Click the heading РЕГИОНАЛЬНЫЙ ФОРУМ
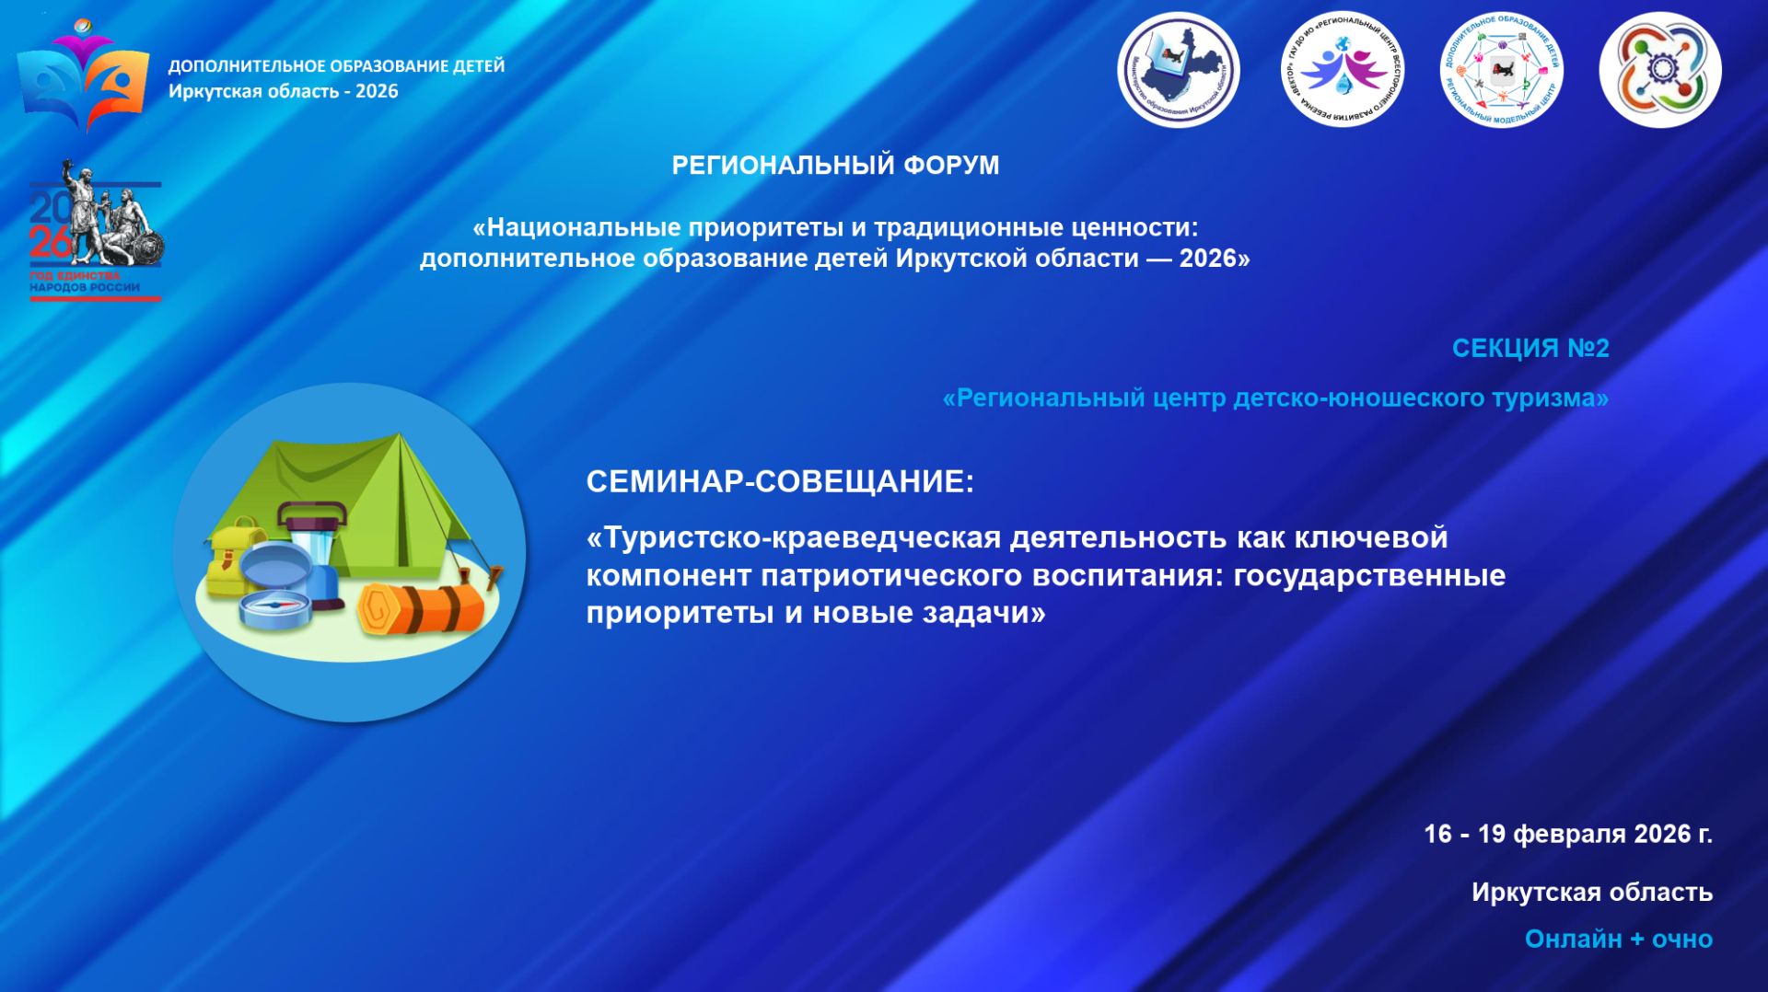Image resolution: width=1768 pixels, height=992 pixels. (835, 166)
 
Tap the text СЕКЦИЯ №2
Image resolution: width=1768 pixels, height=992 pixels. (1530, 349)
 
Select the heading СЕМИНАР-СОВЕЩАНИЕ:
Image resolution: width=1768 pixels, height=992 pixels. (779, 481)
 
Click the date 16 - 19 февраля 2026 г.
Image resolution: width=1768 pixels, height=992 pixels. (1567, 834)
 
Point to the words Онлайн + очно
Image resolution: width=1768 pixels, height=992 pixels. (1618, 939)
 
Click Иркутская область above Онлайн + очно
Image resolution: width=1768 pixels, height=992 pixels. (1591, 892)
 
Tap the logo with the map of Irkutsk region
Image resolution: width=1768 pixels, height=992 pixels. (1178, 70)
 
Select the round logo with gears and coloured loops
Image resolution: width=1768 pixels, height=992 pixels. (1659, 70)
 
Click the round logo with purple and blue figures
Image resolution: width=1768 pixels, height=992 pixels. (1342, 70)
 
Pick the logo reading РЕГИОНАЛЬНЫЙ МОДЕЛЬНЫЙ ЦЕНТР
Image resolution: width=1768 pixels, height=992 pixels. (1501, 70)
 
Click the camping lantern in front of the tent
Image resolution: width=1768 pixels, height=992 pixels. (313, 543)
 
